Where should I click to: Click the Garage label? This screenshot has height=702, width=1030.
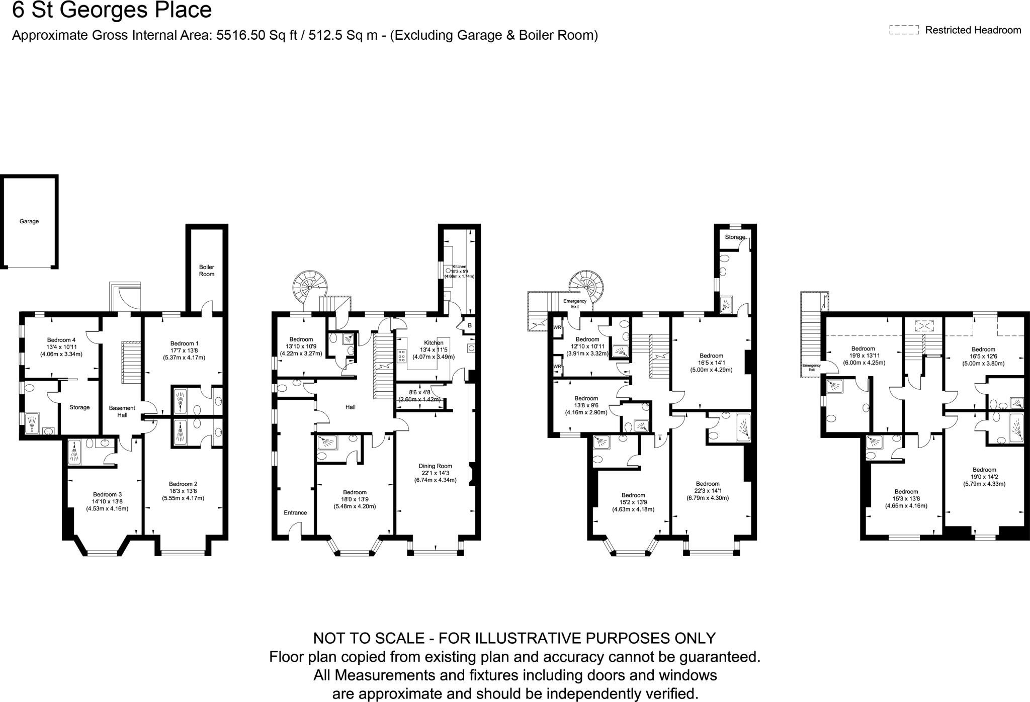[x=29, y=221]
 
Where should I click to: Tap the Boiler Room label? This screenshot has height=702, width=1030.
[x=207, y=271]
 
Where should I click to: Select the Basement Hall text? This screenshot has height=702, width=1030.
[x=122, y=411]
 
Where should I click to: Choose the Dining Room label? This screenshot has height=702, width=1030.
[x=435, y=466]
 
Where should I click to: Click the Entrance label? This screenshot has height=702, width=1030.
[x=295, y=512]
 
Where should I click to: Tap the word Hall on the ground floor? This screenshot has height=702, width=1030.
[x=351, y=407]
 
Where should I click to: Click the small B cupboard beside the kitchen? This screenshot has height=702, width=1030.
[x=470, y=326]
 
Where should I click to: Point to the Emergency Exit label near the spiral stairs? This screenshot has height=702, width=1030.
[x=574, y=304]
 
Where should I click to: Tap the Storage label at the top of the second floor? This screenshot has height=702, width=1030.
[x=735, y=237]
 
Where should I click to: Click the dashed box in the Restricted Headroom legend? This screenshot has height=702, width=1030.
[x=904, y=30]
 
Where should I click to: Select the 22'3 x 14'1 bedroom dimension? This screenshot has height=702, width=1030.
[x=707, y=491]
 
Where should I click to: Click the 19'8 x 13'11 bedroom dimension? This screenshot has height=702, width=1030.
[x=863, y=356]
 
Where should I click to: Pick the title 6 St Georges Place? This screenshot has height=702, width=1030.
[x=112, y=10]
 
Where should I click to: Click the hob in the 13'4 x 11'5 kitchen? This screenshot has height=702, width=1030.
[x=401, y=356]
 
